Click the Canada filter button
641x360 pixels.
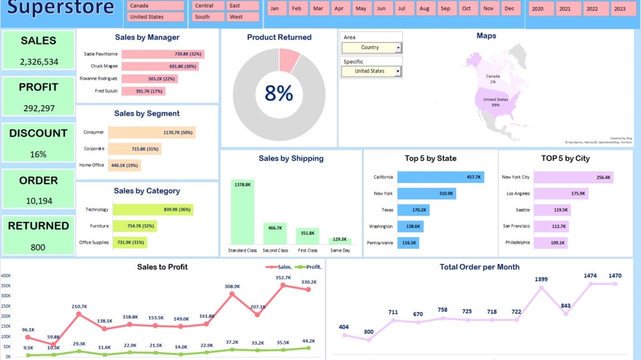pos(156,5)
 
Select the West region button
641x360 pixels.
pos(243,17)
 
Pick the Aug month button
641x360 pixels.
pos(424,9)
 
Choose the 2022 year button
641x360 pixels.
pos(592,9)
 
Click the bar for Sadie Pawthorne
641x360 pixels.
pos(162,54)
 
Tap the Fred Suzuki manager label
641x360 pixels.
pos(106,91)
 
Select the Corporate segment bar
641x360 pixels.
pos(134,149)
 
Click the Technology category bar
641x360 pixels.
pos(152,210)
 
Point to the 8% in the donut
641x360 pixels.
pos(278,94)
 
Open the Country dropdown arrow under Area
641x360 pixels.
pos(398,48)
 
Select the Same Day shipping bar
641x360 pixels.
pos(340,240)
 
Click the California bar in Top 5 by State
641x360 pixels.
pos(440,177)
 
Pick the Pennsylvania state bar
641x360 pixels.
pos(408,242)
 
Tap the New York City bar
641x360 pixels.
pos(573,177)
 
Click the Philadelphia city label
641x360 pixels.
pos(517,242)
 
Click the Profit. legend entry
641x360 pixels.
pos(309,267)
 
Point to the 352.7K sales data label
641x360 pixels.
pos(282,278)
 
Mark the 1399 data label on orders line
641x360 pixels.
pos(541,279)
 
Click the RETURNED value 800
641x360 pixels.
pos(38,247)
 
